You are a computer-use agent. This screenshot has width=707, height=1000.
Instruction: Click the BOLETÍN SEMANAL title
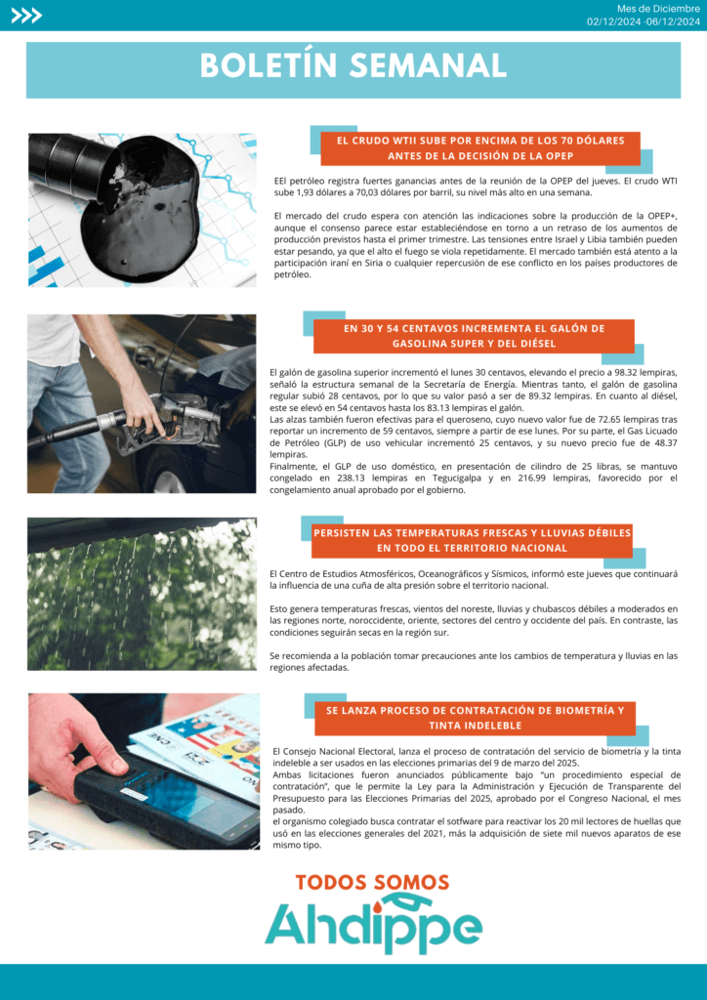coord(353,65)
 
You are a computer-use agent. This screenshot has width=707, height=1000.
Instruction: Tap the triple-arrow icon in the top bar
coord(26,16)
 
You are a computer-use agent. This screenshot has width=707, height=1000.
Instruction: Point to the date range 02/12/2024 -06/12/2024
coord(644,21)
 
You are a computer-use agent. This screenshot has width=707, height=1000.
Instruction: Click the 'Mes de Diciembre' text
coord(658,9)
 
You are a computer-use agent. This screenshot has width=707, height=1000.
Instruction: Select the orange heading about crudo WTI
coord(480,148)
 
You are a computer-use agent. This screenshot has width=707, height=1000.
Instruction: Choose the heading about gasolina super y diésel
coord(474,336)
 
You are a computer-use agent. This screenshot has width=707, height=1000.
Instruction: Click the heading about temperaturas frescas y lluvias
coord(472,540)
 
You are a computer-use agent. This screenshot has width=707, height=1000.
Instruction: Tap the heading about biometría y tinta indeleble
coord(475,718)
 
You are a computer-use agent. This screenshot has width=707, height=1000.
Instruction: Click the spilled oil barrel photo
coord(143,210)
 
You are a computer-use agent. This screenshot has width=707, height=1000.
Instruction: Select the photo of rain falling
coord(142,594)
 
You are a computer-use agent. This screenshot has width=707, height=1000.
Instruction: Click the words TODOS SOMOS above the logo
coord(372,883)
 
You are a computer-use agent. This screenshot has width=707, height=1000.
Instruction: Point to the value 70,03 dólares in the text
coord(344,191)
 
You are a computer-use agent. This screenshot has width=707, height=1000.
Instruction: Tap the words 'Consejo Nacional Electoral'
coord(335,752)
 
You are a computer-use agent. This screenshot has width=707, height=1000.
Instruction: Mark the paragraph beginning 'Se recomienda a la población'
coord(473,661)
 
